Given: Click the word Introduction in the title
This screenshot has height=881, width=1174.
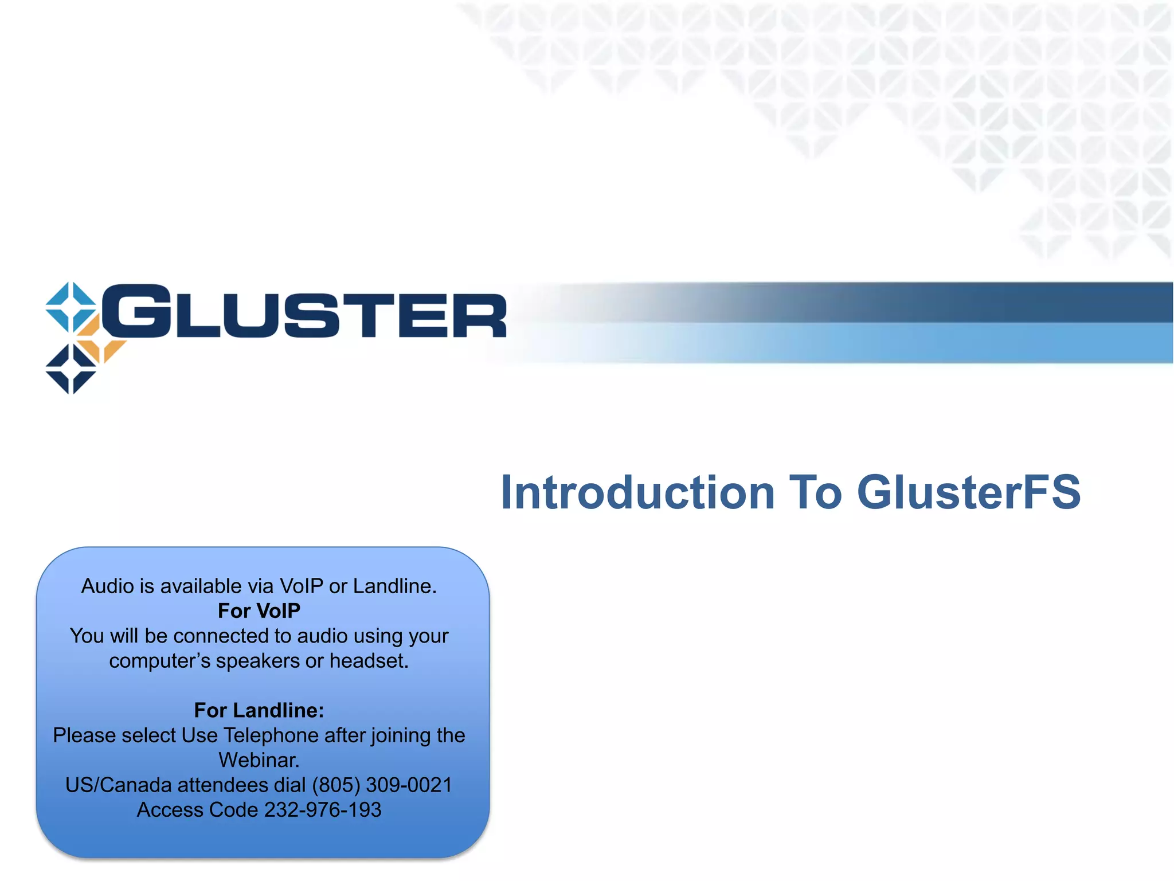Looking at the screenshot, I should [x=637, y=492].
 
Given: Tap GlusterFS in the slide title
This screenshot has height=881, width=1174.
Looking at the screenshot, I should [x=968, y=492].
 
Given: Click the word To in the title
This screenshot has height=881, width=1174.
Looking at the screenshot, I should [x=815, y=492].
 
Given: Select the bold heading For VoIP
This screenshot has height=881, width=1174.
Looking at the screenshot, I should [x=259, y=611].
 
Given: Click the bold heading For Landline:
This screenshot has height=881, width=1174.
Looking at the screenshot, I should [x=259, y=711].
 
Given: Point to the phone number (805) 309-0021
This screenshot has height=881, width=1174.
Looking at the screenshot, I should [x=382, y=785].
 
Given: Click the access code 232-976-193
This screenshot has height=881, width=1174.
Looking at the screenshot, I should [x=323, y=810].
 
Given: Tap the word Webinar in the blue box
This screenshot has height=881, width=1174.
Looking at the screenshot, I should [x=259, y=761].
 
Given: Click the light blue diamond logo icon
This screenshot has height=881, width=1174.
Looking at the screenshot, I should [x=71, y=307].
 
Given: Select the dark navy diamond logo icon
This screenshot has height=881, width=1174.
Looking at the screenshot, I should [x=71, y=369].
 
